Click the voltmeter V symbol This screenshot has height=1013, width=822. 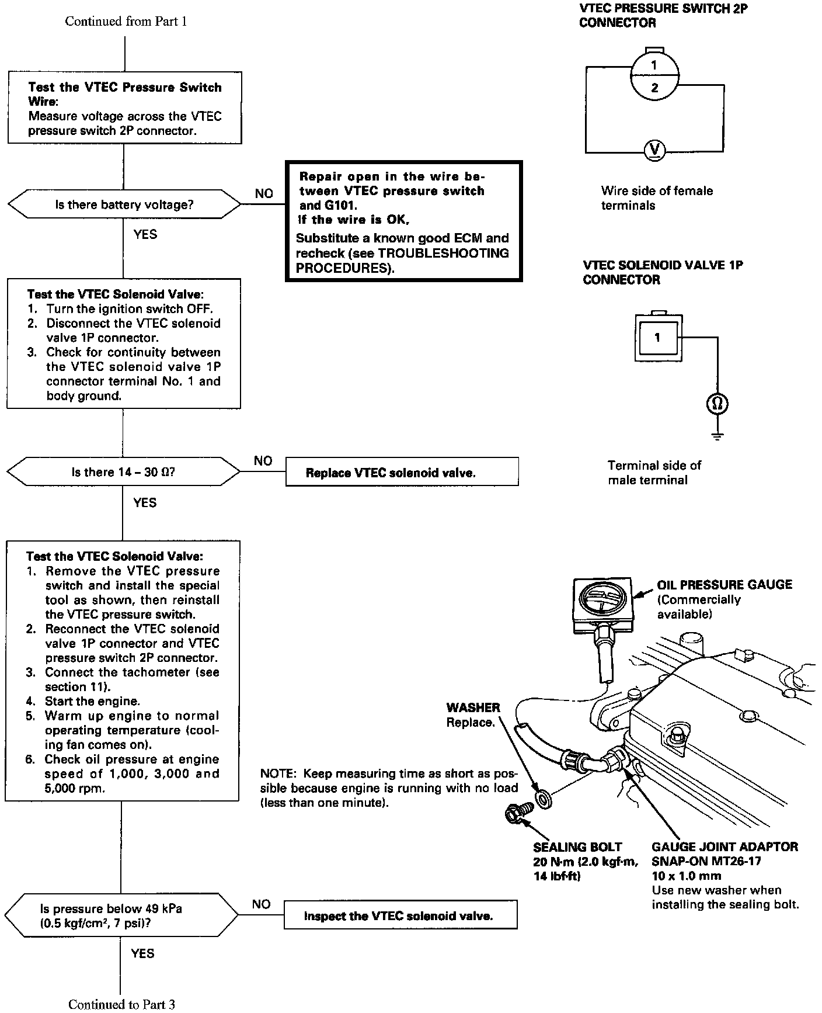coord(654,151)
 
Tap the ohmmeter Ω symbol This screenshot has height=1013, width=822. coord(717,404)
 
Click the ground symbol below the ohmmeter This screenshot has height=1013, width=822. coord(717,435)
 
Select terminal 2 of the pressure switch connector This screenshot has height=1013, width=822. coord(654,88)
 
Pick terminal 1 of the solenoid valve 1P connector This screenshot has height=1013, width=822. coord(657,338)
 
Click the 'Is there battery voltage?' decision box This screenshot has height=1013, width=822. coord(124,204)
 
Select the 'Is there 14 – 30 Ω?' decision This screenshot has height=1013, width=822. coord(123,472)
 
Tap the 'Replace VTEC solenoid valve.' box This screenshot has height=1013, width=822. coord(402,472)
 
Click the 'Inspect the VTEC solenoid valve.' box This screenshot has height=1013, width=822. coord(400,915)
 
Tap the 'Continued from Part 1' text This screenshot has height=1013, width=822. coord(126,22)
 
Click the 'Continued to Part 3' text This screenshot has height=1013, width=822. coord(121,1004)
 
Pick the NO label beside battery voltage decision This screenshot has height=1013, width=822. coord(264,193)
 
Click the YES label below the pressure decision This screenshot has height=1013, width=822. coord(142,953)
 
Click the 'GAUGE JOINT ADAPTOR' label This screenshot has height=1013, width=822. coord(725,847)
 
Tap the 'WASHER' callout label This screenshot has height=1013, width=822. coord(473,707)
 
